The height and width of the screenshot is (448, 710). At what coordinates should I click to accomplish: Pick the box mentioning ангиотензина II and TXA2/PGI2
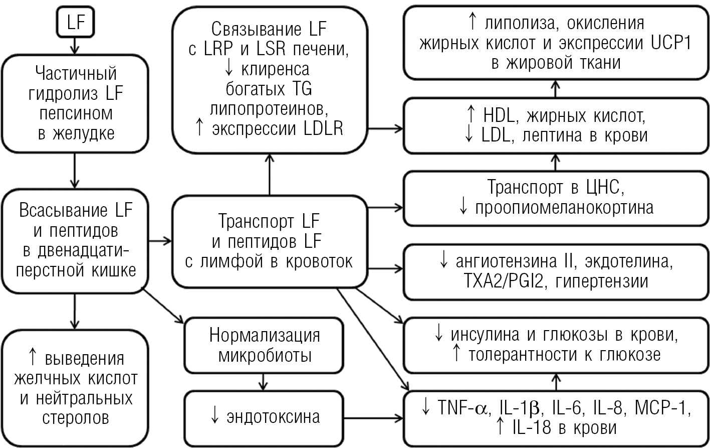(x=556, y=271)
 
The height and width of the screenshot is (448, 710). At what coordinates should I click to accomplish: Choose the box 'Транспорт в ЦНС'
(x=556, y=198)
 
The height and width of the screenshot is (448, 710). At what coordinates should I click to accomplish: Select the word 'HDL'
(x=500, y=116)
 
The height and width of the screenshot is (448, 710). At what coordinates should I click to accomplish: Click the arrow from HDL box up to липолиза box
(x=556, y=88)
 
